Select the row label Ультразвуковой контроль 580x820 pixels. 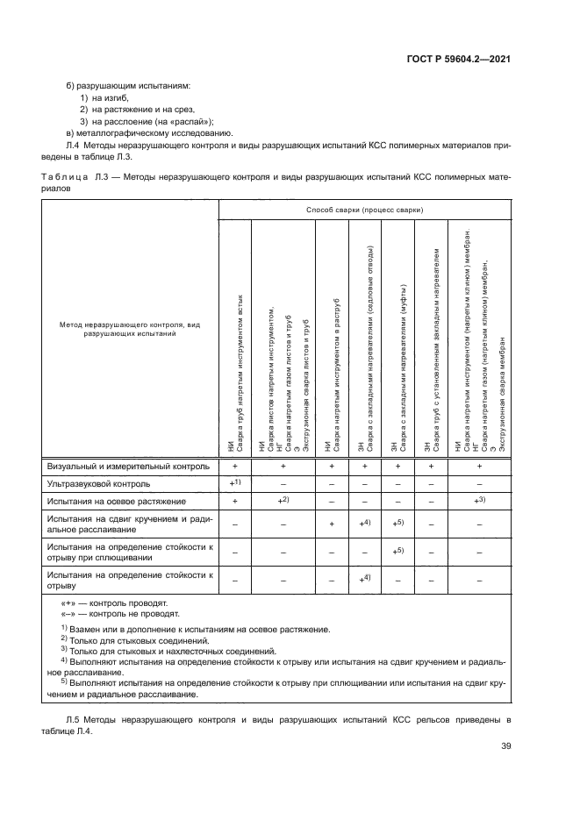click(x=98, y=483)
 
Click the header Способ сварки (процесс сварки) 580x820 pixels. click(x=364, y=210)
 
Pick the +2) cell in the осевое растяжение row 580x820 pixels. click(x=283, y=500)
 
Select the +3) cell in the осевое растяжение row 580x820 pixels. click(x=479, y=500)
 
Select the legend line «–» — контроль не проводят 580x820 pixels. click(x=119, y=616)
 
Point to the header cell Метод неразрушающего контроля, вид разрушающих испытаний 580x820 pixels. click(x=130, y=329)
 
